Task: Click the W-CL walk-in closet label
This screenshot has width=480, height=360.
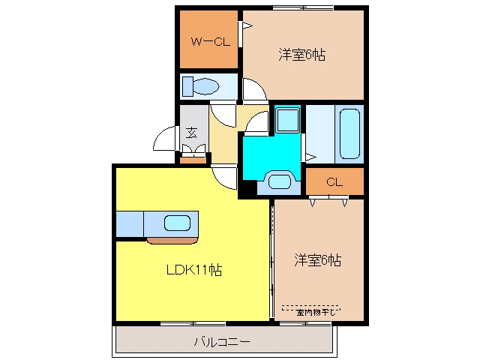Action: pos(210,42)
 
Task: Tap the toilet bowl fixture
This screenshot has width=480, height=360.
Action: pos(206,86)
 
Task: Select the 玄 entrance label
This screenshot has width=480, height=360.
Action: pos(192,133)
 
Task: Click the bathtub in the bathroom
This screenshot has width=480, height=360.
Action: pos(349,133)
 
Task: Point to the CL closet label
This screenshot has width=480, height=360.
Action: pos(334,182)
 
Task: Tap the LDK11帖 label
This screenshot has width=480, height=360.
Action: pos(194,270)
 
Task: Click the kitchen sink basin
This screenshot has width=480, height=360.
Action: pos(178,223)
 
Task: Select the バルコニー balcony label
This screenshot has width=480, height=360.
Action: pos(222,341)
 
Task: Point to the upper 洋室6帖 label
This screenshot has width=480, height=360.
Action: pos(301,55)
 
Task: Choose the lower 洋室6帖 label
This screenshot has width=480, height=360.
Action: pos(317,260)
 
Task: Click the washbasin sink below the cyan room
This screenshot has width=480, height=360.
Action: pos(280,181)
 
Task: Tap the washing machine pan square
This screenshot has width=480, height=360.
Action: pos(287,120)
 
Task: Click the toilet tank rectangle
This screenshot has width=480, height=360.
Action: pos(187,86)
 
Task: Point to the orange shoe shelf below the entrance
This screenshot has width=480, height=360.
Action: pos(193,160)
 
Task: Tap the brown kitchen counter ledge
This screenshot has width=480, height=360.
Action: pos(172,241)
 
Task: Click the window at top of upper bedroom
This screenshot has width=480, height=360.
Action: pos(303,7)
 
